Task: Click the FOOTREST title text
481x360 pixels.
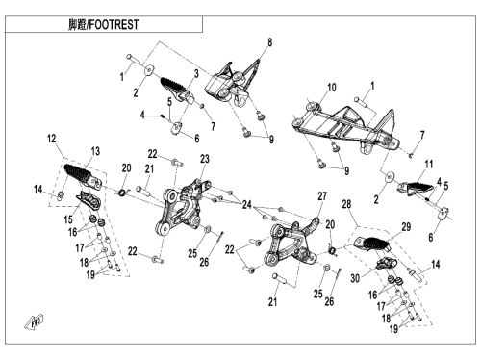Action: coord(104,24)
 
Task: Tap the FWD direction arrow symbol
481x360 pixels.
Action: coord(34,321)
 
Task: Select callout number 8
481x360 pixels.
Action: coord(269,42)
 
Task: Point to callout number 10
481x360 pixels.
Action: coord(332,88)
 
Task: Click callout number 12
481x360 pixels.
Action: coord(51,139)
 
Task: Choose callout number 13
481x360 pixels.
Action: coord(95,151)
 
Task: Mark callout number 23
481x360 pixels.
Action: coord(204,159)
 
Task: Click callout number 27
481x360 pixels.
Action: coord(322,196)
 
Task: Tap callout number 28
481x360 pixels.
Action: coord(346,204)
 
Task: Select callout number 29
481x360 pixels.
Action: coord(406,227)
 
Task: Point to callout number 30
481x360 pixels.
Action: coord(355,278)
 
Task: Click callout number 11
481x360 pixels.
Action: coord(429,165)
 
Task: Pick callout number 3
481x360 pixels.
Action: coord(196,73)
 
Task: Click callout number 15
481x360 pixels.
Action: coord(68,219)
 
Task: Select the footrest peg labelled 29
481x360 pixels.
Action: coord(372,244)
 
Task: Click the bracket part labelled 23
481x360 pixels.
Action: coord(182,208)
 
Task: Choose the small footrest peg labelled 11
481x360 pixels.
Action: coord(413,188)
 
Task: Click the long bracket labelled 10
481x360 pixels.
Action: coord(344,127)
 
